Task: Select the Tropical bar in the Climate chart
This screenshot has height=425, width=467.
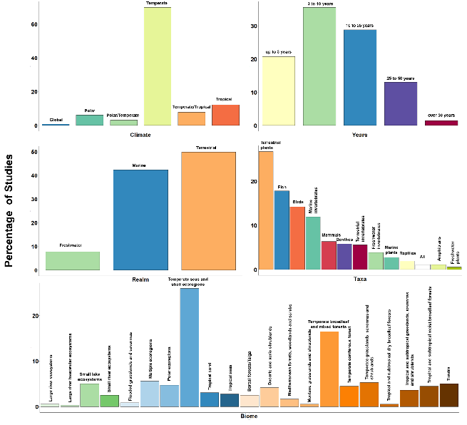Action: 226,116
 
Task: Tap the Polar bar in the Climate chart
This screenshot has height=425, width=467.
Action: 90,121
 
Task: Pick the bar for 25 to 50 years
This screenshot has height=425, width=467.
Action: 400,104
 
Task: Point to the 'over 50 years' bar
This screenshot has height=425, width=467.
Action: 441,123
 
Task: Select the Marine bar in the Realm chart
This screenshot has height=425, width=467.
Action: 140,220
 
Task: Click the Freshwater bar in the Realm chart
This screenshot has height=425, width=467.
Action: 73,261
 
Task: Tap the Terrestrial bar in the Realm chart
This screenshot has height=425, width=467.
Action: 208,211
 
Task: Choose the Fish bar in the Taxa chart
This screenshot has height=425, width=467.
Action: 282,230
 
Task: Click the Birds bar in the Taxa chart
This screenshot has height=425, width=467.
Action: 297,238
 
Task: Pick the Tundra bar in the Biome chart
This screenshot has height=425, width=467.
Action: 449,395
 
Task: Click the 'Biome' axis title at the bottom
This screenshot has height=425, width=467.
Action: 249,416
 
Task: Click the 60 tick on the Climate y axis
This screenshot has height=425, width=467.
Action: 34,24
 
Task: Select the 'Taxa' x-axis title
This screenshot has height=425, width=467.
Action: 360,279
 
